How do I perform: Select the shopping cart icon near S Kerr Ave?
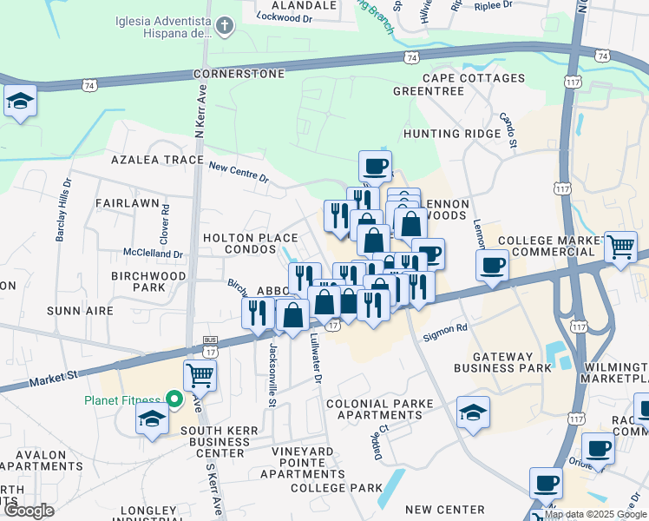click(x=200, y=376)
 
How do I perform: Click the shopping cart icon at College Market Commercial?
click(x=620, y=246)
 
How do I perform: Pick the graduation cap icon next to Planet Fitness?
click(x=153, y=419)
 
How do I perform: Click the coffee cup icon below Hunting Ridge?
click(x=375, y=165)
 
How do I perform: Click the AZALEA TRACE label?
click(x=150, y=161)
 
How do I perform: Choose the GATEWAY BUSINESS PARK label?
click(x=512, y=362)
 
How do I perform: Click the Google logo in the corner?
click(x=29, y=511)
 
